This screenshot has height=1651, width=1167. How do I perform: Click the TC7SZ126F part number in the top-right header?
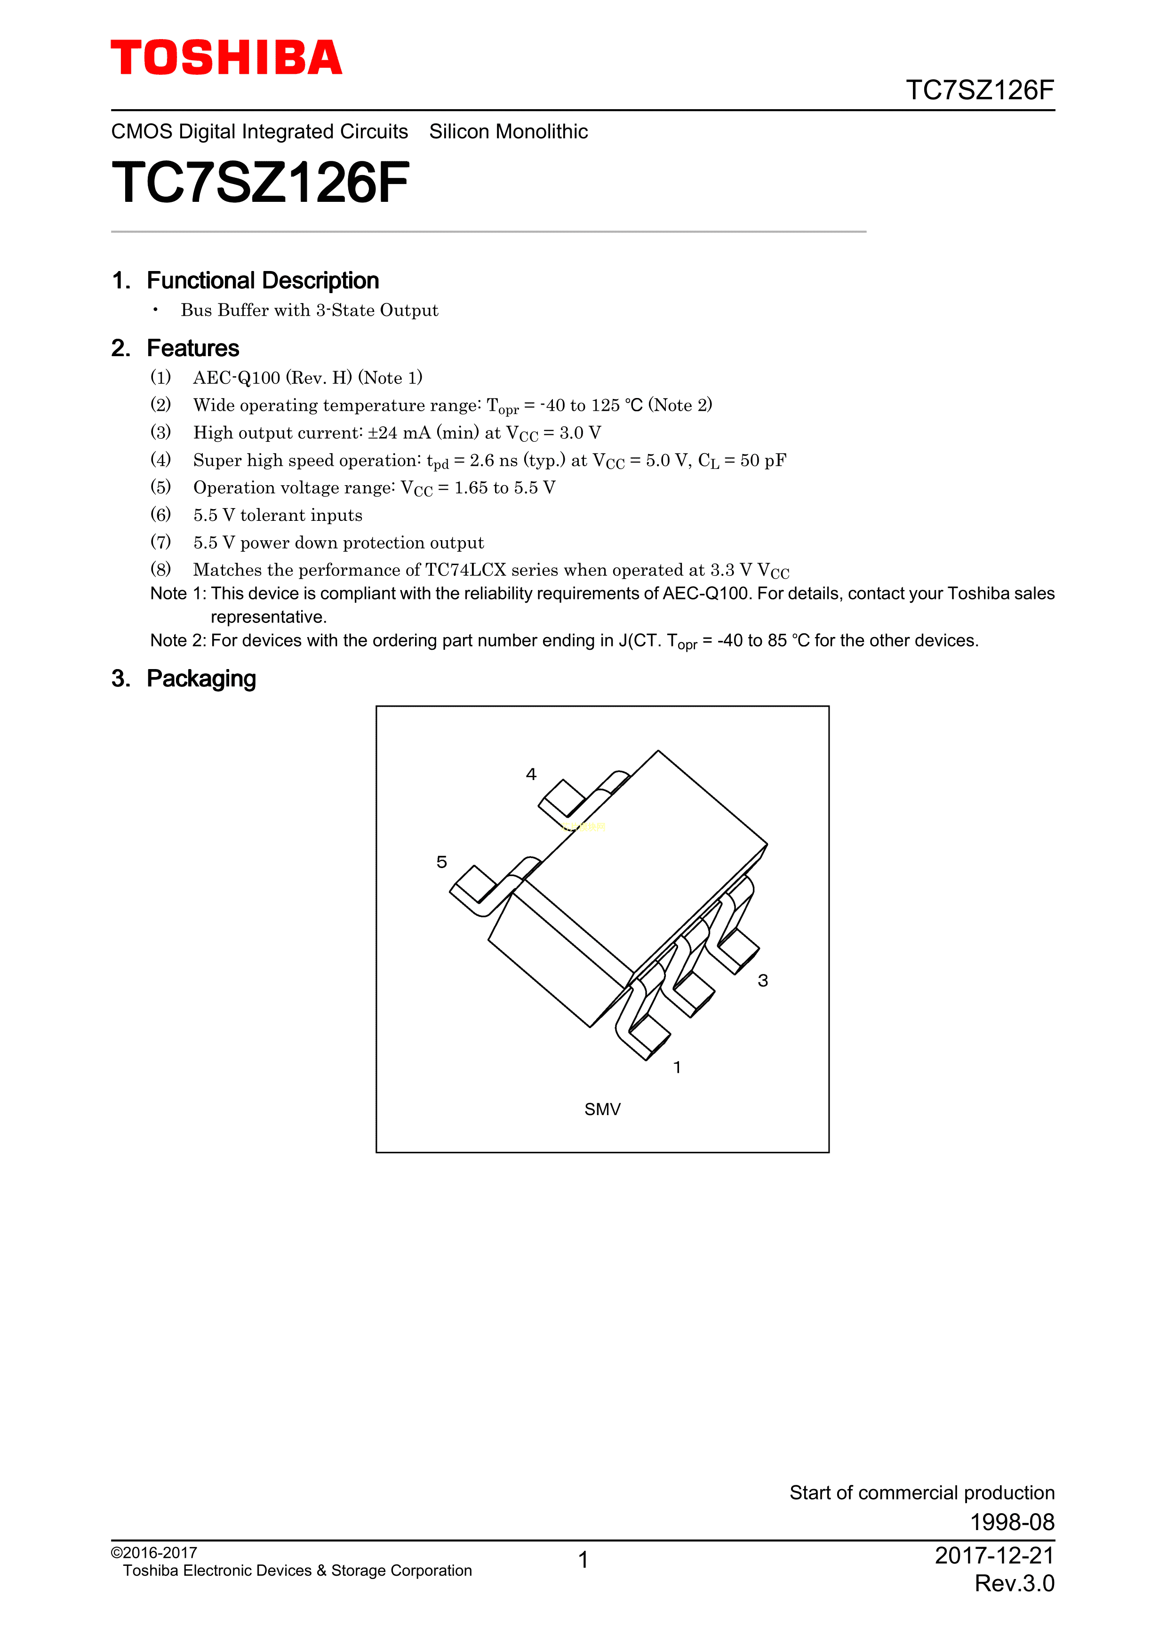[x=979, y=91]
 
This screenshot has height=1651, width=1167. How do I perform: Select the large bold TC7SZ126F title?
[x=260, y=183]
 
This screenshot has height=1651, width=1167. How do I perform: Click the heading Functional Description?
[x=263, y=280]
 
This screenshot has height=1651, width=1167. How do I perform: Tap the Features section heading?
[x=193, y=348]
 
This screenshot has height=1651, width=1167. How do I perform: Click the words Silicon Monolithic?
[x=508, y=132]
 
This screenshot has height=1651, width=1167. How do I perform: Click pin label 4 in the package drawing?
[x=531, y=774]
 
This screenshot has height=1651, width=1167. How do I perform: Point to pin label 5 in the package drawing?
[x=441, y=862]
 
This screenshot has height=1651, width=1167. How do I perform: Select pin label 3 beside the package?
[x=763, y=981]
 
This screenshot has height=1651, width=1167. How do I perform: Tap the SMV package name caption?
[x=602, y=1109]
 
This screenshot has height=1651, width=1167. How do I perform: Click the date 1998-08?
[x=1012, y=1522]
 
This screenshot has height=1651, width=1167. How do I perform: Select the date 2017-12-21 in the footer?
[x=994, y=1556]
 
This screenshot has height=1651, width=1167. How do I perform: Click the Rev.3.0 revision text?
[x=1014, y=1583]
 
